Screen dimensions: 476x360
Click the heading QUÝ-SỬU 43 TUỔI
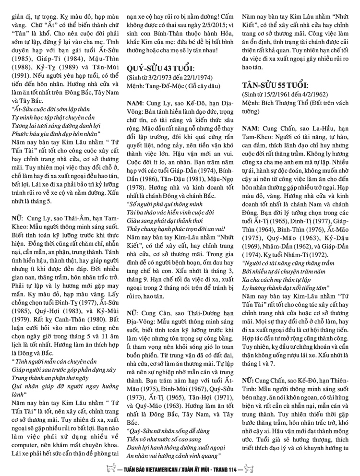(x=162, y=66)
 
